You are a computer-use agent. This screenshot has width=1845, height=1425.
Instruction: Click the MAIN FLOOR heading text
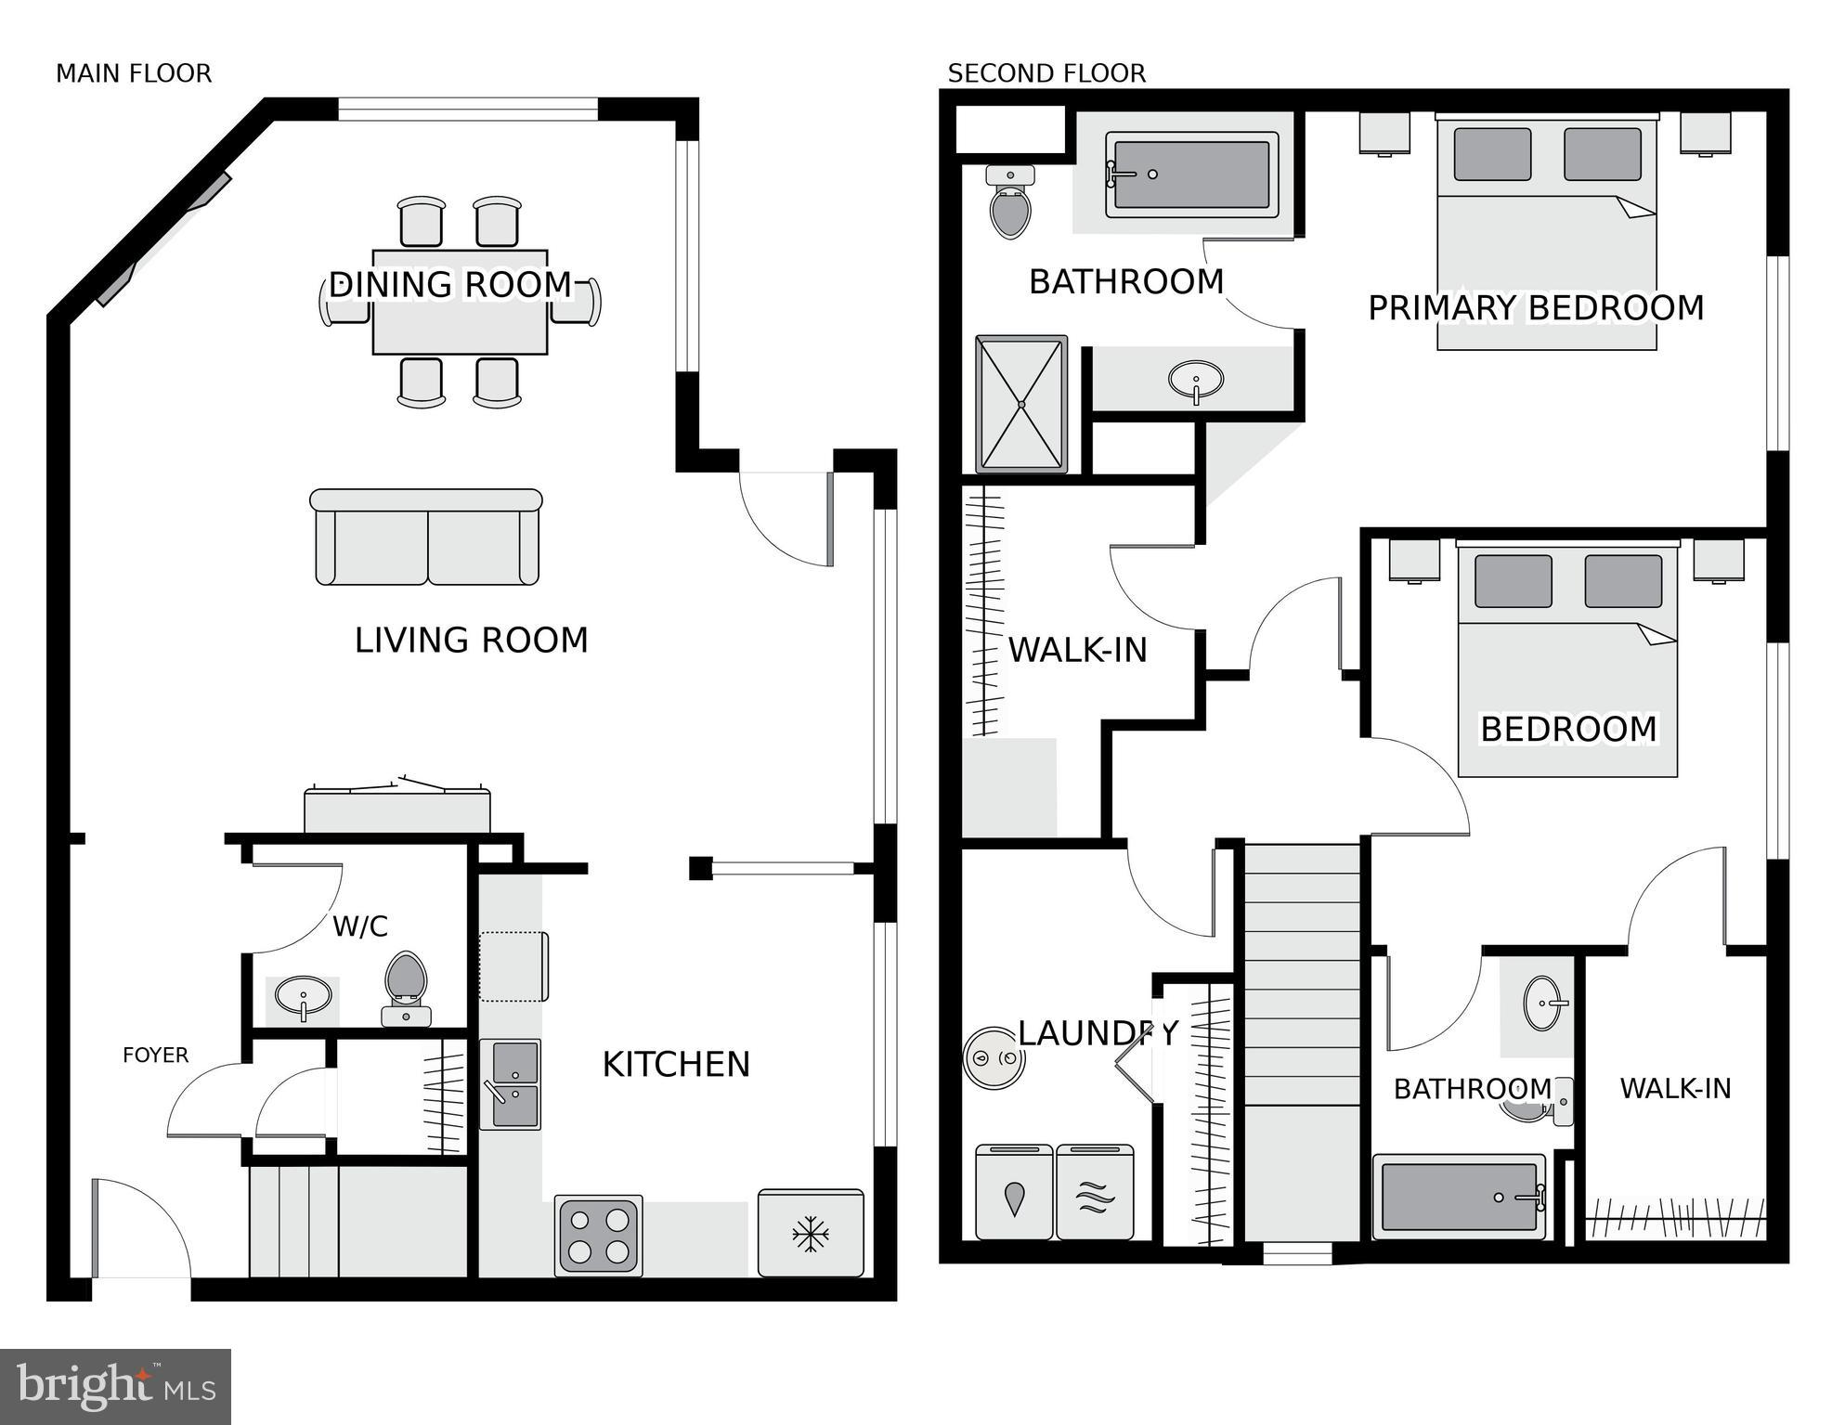tap(134, 73)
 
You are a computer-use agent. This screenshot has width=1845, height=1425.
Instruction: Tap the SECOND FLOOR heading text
tap(1046, 73)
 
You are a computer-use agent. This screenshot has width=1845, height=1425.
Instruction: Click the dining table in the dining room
tap(460, 303)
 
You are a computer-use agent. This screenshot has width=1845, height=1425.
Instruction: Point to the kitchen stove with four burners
tap(599, 1235)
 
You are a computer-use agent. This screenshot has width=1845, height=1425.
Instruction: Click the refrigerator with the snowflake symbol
tap(811, 1234)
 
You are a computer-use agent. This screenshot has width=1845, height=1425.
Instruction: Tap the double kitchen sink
tap(510, 1083)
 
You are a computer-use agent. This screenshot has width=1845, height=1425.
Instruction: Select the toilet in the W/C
tap(406, 986)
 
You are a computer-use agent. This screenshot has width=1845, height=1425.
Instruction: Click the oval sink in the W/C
tap(303, 997)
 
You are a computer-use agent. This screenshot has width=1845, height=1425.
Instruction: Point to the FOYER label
tap(155, 1055)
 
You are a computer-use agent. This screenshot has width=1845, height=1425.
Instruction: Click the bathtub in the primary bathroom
tap(1191, 175)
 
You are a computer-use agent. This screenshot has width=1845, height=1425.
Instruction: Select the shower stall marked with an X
tap(1020, 404)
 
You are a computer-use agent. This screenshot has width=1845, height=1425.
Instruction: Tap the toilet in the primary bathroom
tap(1010, 204)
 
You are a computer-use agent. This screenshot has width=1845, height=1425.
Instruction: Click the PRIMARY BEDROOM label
tap(1536, 308)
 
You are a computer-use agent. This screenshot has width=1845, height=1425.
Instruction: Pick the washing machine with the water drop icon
tap(1014, 1193)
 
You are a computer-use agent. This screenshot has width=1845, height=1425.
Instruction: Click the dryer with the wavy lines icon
tap(1095, 1193)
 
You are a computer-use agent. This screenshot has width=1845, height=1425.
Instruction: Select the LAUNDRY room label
tap(1098, 1033)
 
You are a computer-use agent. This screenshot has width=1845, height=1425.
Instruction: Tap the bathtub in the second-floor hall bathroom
tap(1459, 1198)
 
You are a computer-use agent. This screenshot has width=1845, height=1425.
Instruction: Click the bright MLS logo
tap(115, 1387)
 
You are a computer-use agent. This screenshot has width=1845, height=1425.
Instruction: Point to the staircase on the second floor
tap(1302, 1040)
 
